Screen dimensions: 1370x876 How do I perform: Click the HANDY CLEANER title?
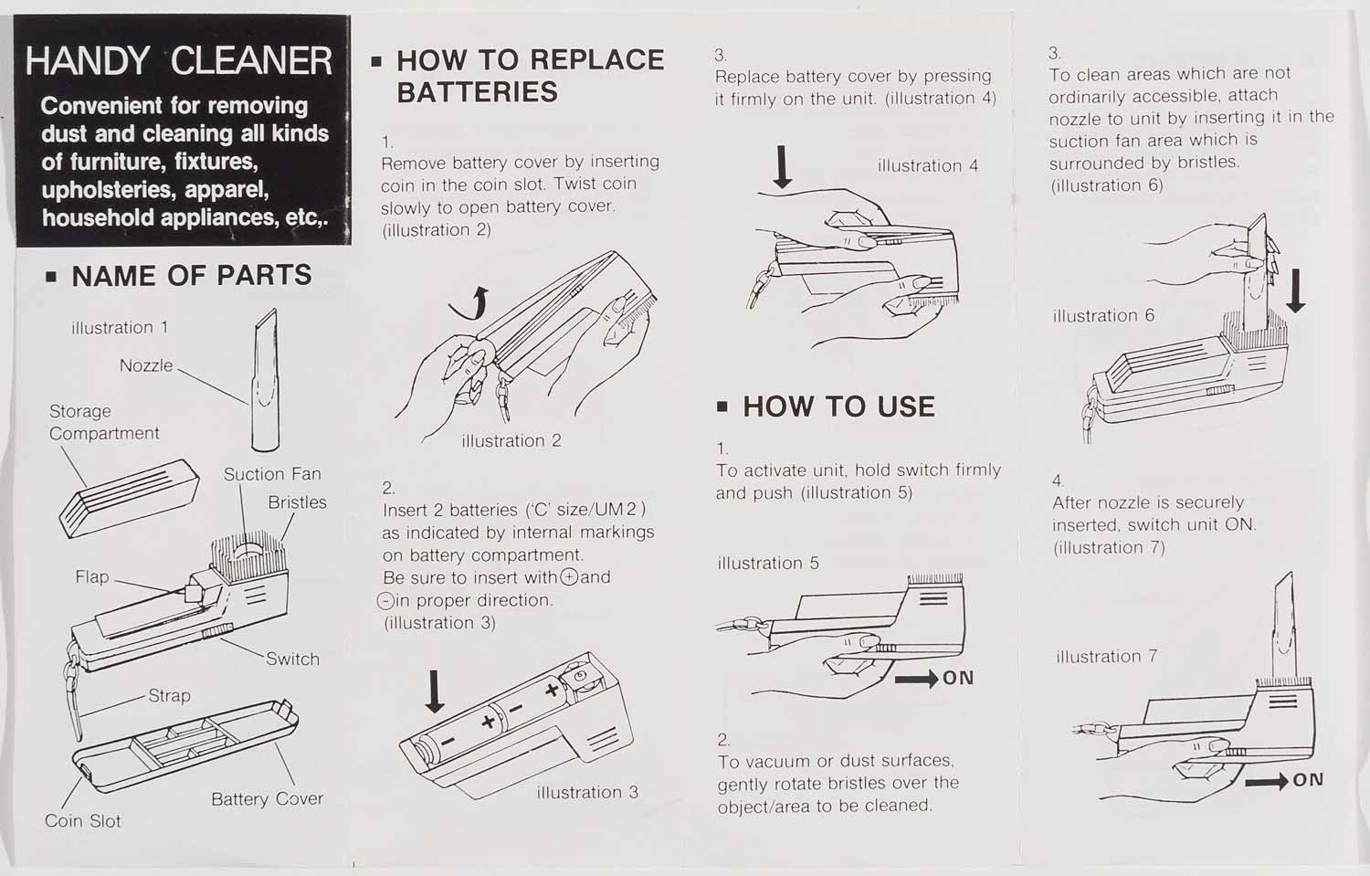179,61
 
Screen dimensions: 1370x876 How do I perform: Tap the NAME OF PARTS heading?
192,275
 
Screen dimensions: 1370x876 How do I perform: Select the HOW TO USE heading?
838,406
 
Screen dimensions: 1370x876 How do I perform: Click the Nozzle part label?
146,365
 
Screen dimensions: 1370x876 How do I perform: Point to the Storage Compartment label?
104,422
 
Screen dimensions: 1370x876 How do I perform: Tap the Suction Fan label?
272,474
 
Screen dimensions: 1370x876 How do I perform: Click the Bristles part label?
297,502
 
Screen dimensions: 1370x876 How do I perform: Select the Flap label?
92,577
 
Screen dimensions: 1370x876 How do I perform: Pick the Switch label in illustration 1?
292,659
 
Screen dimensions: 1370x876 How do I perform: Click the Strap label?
169,695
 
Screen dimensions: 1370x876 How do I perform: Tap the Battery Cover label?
267,799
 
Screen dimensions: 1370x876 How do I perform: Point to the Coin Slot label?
82,821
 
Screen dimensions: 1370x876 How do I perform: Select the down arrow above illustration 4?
782,167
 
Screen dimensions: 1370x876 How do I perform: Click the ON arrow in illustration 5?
917,679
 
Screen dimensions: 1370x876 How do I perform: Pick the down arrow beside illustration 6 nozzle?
1295,291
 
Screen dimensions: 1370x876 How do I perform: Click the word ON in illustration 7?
1308,780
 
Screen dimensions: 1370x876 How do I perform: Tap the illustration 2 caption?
511,441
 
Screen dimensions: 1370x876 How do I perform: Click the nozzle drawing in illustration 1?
266,380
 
